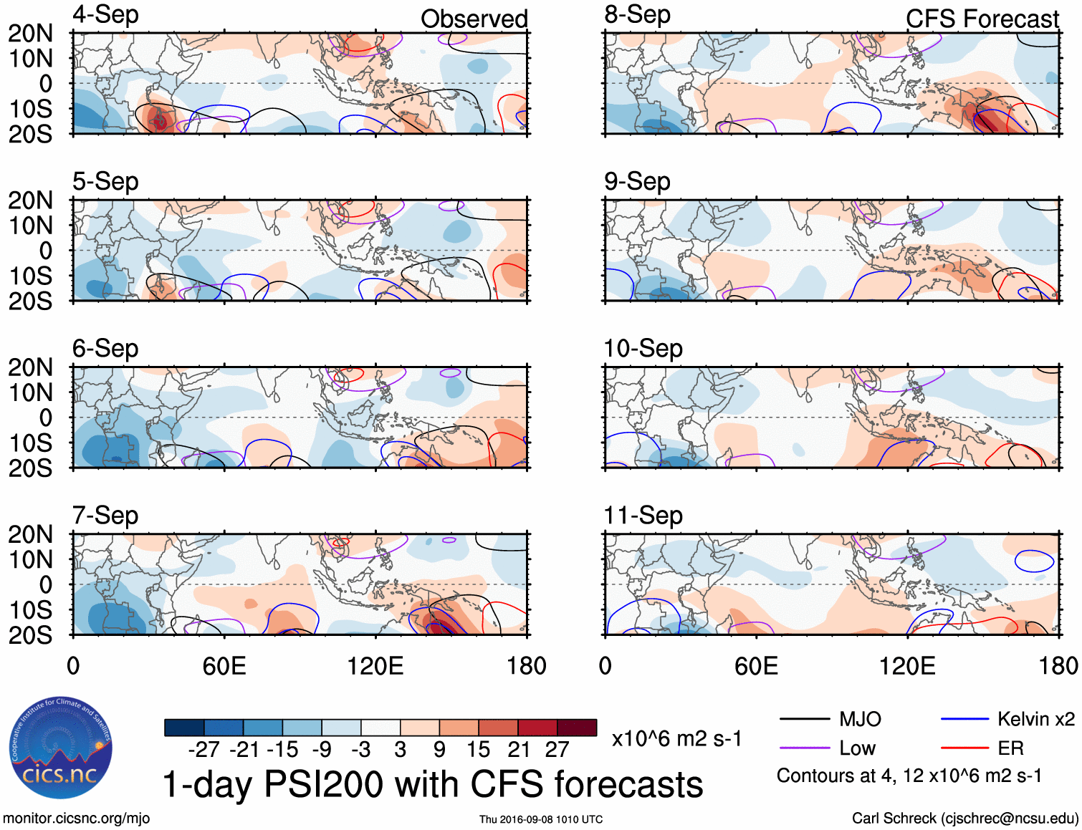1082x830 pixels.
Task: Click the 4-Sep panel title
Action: pyautogui.click(x=105, y=15)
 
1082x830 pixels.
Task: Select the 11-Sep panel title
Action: pyautogui.click(x=643, y=516)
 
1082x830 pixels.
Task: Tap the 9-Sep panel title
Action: pyautogui.click(x=637, y=182)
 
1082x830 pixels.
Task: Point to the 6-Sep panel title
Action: pyautogui.click(x=105, y=349)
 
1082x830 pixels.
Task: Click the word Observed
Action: pyautogui.click(x=474, y=19)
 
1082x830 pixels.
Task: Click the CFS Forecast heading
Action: pyautogui.click(x=982, y=19)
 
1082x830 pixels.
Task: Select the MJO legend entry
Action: pyautogui.click(x=860, y=719)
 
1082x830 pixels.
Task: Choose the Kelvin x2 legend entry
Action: pyautogui.click(x=1035, y=719)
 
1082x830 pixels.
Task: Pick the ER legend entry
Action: pyautogui.click(x=1010, y=748)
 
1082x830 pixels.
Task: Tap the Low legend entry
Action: pyautogui.click(x=857, y=748)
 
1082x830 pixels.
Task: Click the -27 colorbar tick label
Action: pyautogui.click(x=204, y=750)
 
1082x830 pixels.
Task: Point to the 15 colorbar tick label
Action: pyautogui.click(x=478, y=750)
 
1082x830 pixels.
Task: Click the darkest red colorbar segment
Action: pyautogui.click(x=577, y=728)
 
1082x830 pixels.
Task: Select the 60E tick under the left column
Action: pyautogui.click(x=224, y=666)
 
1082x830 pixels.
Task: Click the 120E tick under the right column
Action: pyautogui.click(x=907, y=666)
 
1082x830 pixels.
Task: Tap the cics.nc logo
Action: pyautogui.click(x=60, y=748)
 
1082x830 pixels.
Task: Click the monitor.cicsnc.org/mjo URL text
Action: pyautogui.click(x=77, y=819)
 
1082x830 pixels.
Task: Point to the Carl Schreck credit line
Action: pyautogui.click(x=964, y=819)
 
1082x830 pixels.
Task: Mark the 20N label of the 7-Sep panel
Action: pyautogui.click(x=31, y=534)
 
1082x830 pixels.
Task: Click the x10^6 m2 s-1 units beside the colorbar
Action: pyautogui.click(x=676, y=739)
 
